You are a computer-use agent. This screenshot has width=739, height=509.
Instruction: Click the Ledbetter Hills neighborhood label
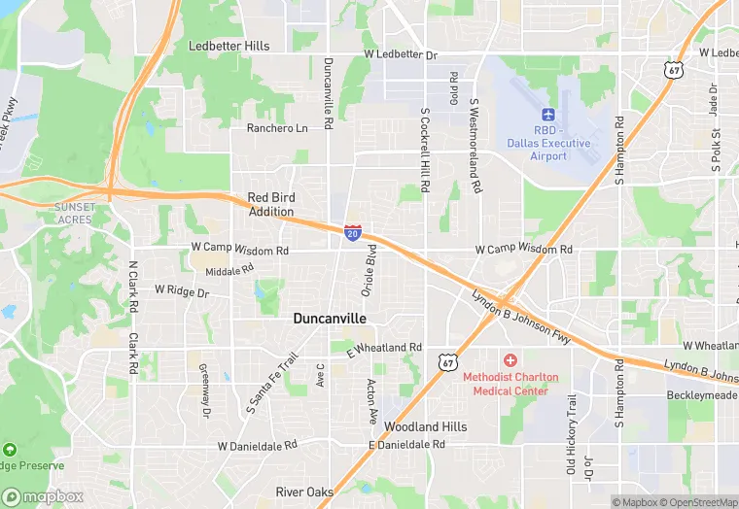[229, 46]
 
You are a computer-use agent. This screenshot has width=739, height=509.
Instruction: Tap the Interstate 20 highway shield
[353, 232]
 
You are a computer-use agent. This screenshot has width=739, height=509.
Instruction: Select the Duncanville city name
[330, 318]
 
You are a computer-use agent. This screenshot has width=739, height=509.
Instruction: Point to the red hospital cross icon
[510, 360]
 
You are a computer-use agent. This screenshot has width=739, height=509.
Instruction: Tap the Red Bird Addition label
[270, 204]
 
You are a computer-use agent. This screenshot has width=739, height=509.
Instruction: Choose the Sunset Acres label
[74, 213]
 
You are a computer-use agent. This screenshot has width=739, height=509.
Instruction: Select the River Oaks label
[303, 492]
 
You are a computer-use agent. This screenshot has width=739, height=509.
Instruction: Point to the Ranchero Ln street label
[276, 128]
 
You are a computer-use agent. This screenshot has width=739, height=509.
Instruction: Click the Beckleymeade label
[701, 395]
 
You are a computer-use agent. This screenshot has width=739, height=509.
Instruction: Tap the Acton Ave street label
[371, 401]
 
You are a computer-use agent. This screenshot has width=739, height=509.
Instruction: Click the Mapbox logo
[44, 496]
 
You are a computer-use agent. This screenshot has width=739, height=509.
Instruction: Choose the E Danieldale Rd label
[406, 445]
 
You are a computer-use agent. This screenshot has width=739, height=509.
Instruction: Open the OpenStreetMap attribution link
[697, 502]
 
